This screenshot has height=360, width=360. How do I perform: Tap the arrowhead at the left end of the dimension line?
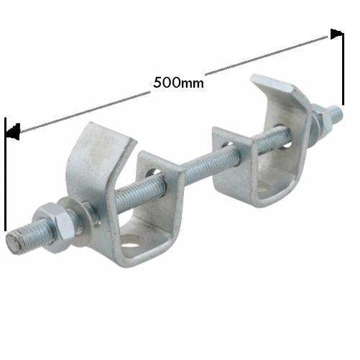(x=11, y=132)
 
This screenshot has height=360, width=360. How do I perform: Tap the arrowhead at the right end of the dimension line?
(x=336, y=34)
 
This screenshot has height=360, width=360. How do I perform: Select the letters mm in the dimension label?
(x=193, y=83)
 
